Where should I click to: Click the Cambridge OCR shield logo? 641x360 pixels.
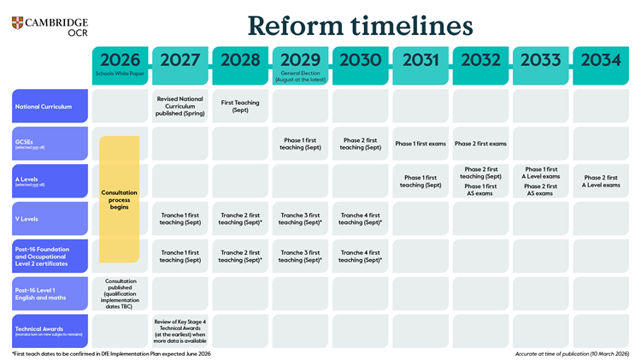[19, 23]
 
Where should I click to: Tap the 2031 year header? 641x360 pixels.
[420, 61]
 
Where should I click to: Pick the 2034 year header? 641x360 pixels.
[601, 61]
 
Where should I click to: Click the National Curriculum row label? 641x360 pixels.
[50, 107]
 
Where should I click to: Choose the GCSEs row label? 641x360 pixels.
[50, 144]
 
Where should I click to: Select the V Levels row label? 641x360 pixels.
[50, 219]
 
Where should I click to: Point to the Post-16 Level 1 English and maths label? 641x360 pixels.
[50, 293]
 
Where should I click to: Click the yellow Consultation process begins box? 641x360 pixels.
[120, 198]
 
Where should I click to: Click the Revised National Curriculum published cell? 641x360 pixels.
[180, 106]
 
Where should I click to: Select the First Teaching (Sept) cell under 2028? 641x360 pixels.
[240, 106]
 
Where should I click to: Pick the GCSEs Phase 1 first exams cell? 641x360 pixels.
[420, 144]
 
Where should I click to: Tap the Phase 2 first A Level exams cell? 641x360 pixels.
[601, 181]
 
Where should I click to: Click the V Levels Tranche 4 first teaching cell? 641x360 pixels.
[360, 219]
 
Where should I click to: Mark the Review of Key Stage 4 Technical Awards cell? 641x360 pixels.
[180, 330]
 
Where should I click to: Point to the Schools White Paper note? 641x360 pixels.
[120, 74]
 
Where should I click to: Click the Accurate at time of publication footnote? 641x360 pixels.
[572, 353]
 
